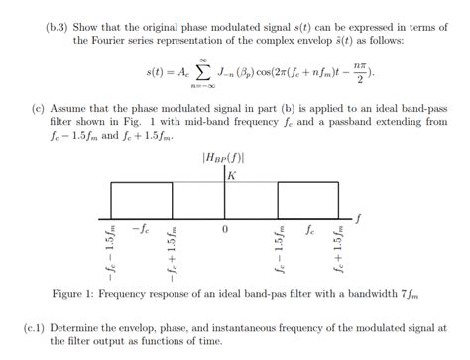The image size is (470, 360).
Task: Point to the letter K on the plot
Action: click(x=231, y=175)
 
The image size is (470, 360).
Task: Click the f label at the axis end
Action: click(x=358, y=216)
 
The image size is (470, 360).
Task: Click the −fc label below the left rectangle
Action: click(x=138, y=228)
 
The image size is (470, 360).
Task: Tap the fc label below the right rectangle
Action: click(x=310, y=228)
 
